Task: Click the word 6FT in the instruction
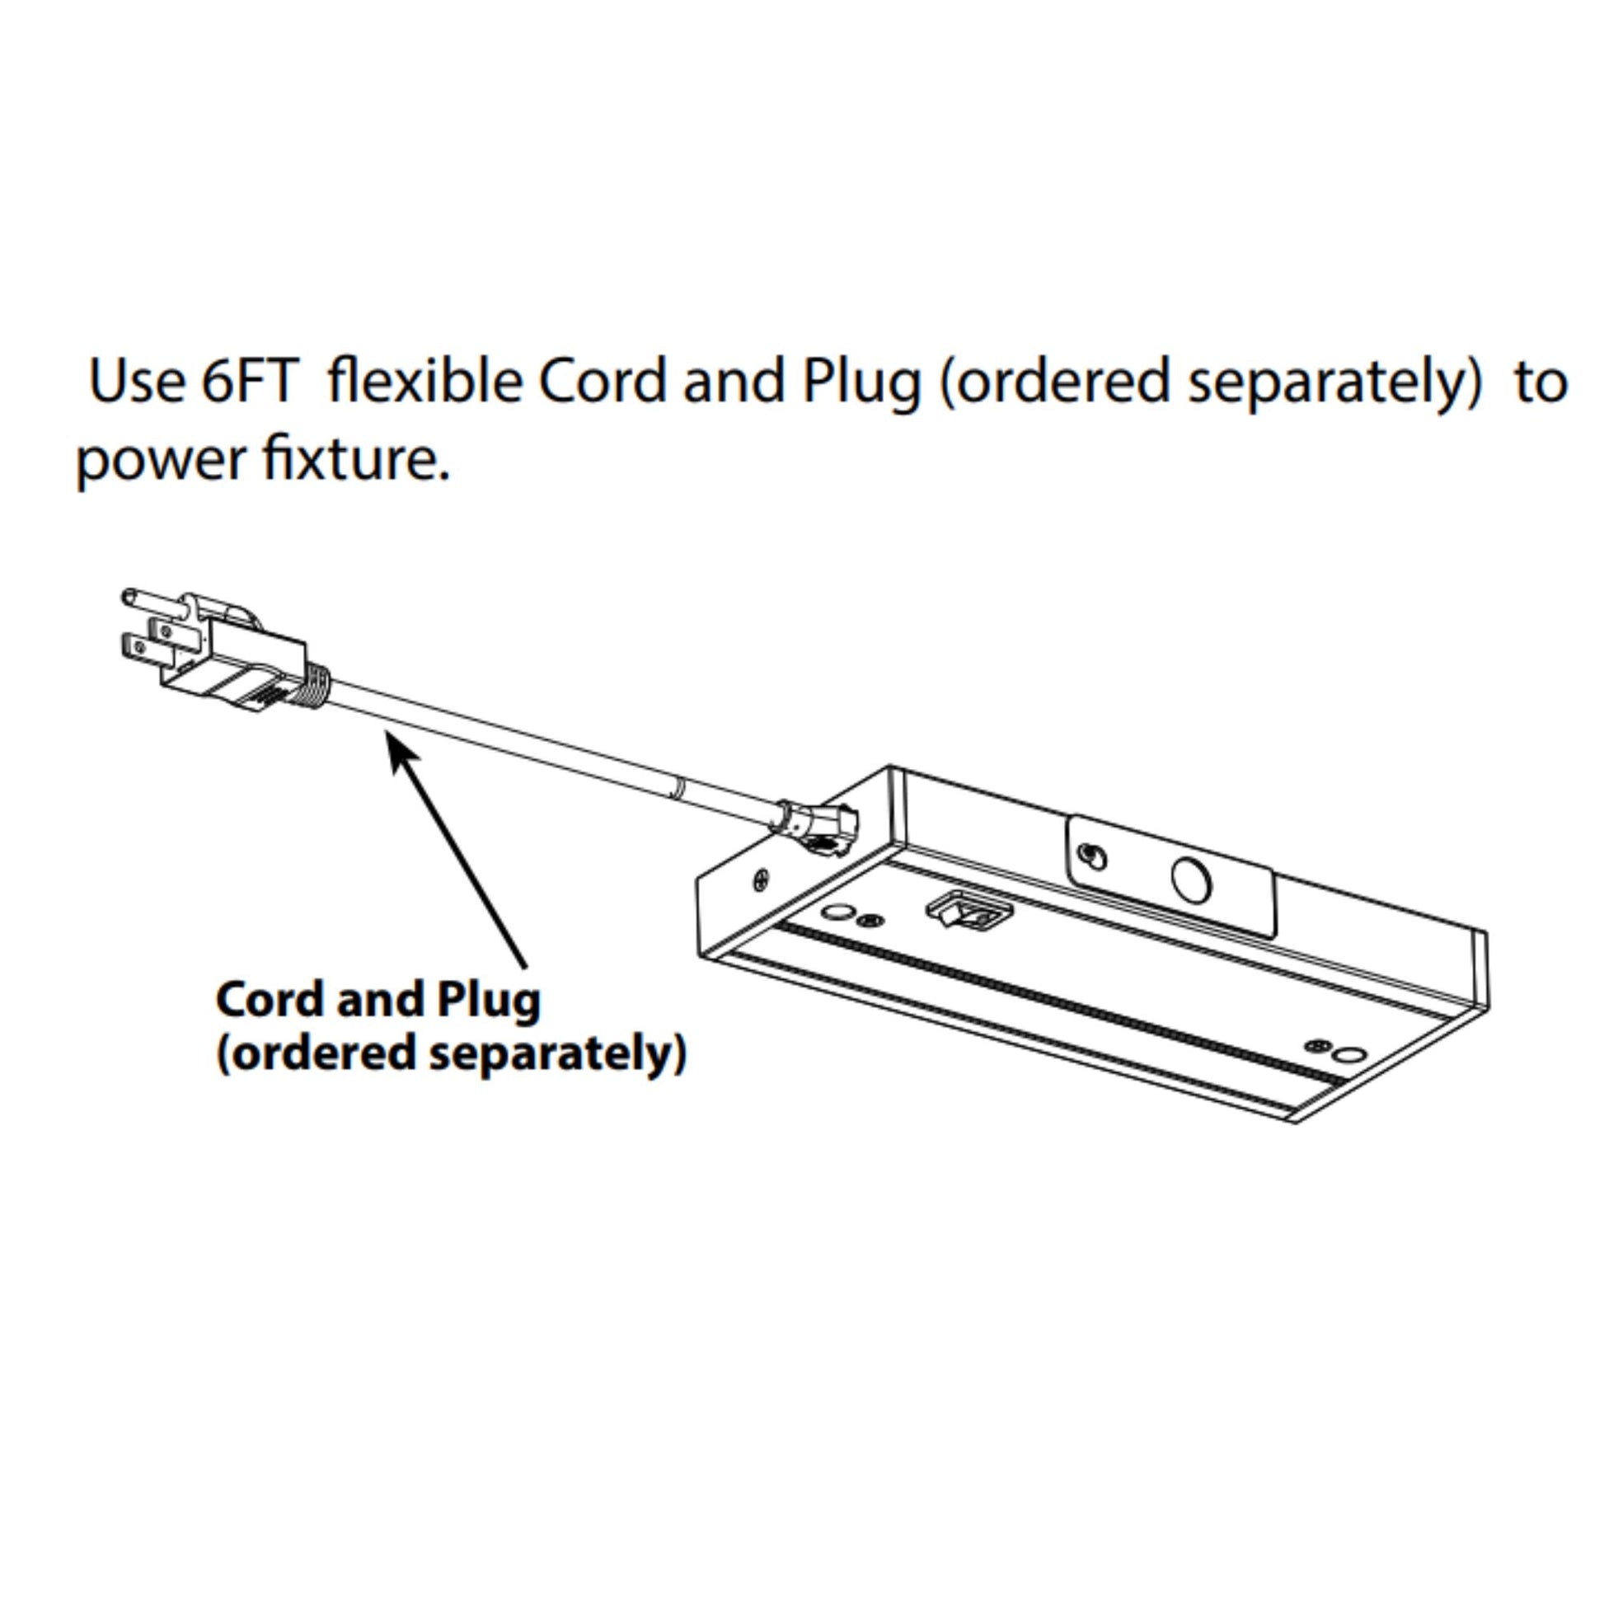(x=249, y=381)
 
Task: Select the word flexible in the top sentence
(x=425, y=381)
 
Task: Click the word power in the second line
(x=157, y=462)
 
